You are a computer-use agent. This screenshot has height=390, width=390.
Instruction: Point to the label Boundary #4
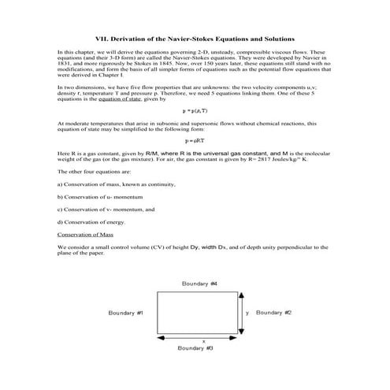coord(199,282)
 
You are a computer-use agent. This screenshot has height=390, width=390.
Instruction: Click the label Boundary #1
coord(126,312)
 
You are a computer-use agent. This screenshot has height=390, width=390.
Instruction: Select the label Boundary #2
coord(274,312)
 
